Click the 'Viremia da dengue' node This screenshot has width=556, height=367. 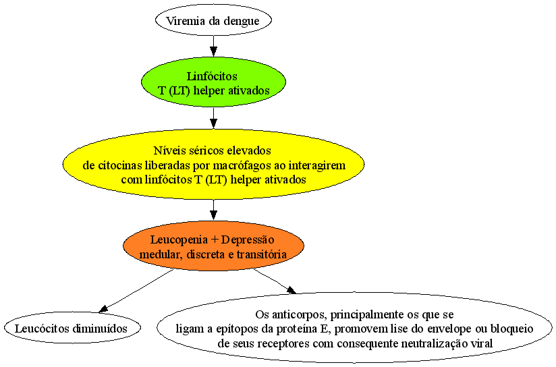pyautogui.click(x=213, y=20)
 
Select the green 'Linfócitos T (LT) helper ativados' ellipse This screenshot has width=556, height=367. pyautogui.click(x=213, y=82)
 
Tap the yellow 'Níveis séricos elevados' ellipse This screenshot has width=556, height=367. pyautogui.click(x=213, y=165)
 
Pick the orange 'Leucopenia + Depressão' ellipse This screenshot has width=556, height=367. pyautogui.click(x=213, y=246)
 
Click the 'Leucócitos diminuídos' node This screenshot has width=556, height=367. pyautogui.click(x=72, y=328)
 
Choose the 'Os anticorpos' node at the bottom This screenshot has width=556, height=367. pyautogui.click(x=355, y=328)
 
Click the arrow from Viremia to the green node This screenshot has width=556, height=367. pyautogui.click(x=213, y=46)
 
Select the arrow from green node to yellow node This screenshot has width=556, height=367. pyautogui.click(x=213, y=118)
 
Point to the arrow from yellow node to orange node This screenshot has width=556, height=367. pyautogui.click(x=213, y=210)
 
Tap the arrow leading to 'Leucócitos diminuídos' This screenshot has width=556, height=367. pyautogui.click(x=136, y=291)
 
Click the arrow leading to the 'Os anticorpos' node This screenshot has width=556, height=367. pyautogui.click(x=275, y=281)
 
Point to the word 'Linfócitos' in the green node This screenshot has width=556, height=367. pyautogui.click(x=212, y=76)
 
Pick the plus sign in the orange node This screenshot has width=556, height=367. pyautogui.click(x=214, y=240)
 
